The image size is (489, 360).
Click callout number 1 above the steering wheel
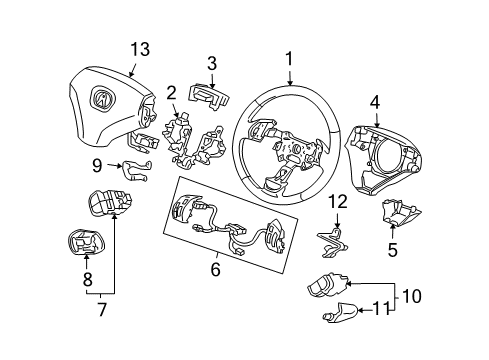click(289, 60)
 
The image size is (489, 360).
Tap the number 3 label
click(211, 64)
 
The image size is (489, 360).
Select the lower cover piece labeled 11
click(339, 315)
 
